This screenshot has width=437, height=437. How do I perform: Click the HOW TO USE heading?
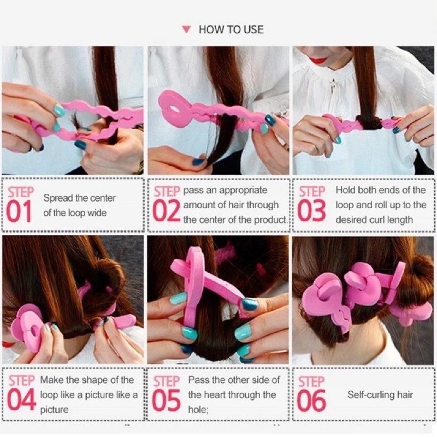(x=231, y=29)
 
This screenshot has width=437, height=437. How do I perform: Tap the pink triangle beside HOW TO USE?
(x=186, y=29)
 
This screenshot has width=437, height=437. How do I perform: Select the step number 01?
(x=19, y=211)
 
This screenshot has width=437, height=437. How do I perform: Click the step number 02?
(x=167, y=211)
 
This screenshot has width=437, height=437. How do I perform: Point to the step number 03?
(x=311, y=211)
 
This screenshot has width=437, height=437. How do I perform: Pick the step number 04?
(x=21, y=400)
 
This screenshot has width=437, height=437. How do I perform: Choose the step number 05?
(x=167, y=400)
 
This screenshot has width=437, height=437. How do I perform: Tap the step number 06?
(x=311, y=400)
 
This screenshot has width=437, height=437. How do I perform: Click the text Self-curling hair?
(x=380, y=395)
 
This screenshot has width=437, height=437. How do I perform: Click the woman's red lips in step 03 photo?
(x=318, y=60)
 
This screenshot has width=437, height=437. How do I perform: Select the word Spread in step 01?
(x=58, y=198)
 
